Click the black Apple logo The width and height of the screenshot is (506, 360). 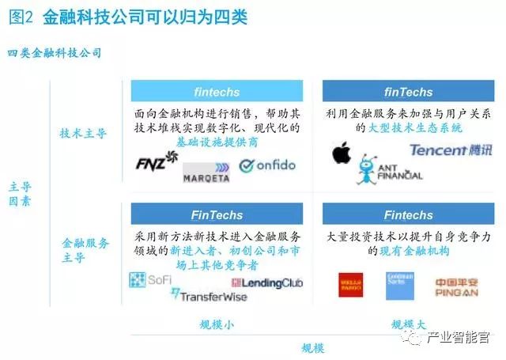coord(341,151)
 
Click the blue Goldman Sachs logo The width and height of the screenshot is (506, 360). coord(399,286)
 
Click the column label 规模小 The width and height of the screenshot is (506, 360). coord(217,324)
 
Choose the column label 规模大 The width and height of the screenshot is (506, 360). coord(409,324)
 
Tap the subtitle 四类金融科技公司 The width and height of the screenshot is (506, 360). coord(54,52)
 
